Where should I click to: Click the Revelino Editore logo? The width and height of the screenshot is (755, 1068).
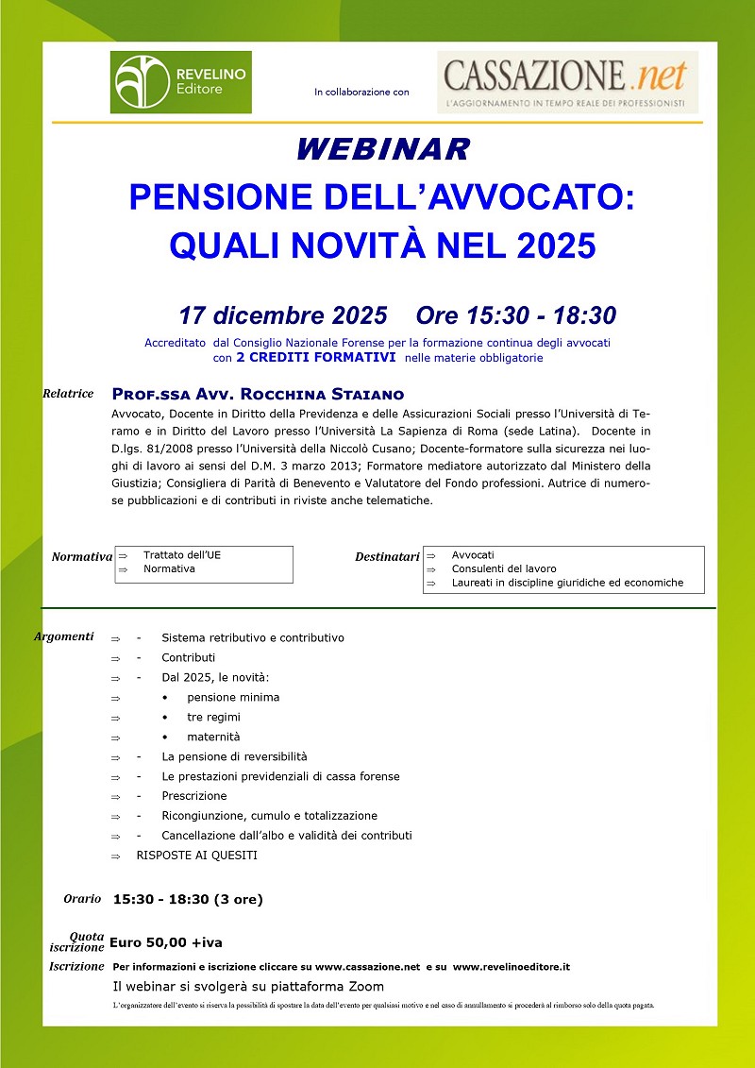181,82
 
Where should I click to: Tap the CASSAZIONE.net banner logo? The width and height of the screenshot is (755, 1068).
567,82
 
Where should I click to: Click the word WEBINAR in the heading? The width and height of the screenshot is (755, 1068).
382,149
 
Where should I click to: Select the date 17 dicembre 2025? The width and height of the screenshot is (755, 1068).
283,314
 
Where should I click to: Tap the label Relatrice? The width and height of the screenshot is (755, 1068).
68,393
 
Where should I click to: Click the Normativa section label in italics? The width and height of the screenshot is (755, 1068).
82,556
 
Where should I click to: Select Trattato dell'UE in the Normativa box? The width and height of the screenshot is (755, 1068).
182,555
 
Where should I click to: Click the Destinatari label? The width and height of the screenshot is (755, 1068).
387,557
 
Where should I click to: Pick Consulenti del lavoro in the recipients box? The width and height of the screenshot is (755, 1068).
504,569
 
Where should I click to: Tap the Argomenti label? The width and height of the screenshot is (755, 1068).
63,636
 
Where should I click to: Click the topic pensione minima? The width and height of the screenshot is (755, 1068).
233,698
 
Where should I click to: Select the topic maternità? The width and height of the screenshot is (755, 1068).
213,737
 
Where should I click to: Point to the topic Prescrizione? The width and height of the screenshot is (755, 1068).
194,796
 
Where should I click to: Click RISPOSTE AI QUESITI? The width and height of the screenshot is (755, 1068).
196,856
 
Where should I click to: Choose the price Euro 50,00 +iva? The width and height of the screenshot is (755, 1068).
166,942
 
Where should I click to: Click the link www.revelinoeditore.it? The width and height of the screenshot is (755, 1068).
511,967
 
